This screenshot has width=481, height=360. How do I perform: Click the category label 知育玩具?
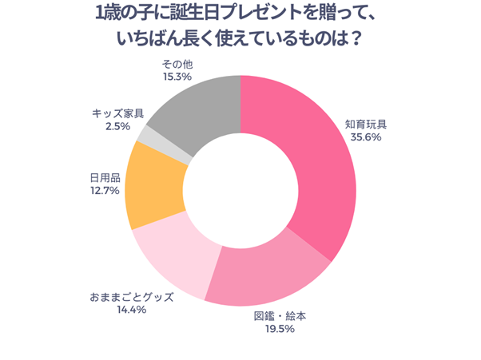[x=365, y=124]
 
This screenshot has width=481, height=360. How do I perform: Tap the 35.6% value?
[x=365, y=136]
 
